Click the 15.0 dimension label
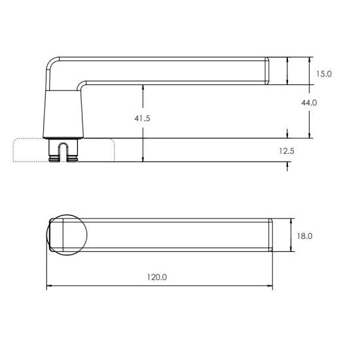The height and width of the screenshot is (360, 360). [324, 75]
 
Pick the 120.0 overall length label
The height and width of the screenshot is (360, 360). [158, 277]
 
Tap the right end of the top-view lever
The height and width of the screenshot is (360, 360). [268, 234]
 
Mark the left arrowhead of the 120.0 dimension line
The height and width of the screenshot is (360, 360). [48, 287]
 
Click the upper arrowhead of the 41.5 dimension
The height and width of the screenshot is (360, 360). [142, 86]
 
